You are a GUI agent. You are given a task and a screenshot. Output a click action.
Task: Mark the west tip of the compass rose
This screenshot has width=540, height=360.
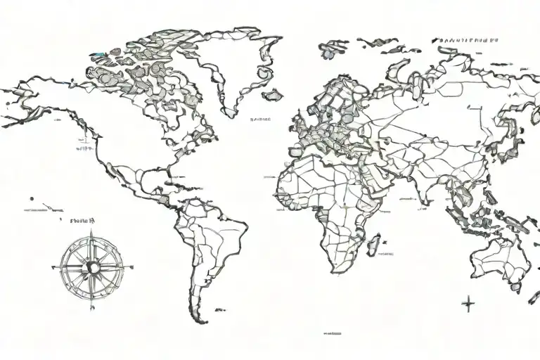tap(53, 266)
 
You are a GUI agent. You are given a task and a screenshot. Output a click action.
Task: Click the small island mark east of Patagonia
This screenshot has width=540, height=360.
tap(219, 307)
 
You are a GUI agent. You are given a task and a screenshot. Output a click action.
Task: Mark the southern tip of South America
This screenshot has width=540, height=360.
tap(196, 321)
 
